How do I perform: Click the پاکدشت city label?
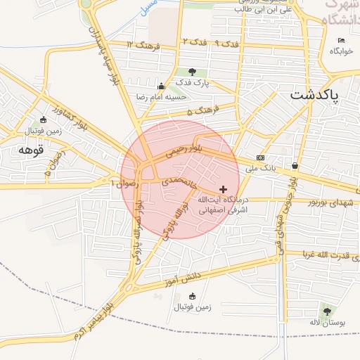(314, 94)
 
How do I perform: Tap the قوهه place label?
(32, 150)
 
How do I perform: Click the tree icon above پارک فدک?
(193, 72)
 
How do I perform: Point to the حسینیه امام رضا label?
(163, 97)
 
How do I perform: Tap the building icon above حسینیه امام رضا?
(161, 86)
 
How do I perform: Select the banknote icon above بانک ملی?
(261, 157)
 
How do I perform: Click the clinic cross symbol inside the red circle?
(224, 189)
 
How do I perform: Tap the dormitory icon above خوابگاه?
(333, 51)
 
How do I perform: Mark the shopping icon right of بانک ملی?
(295, 166)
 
